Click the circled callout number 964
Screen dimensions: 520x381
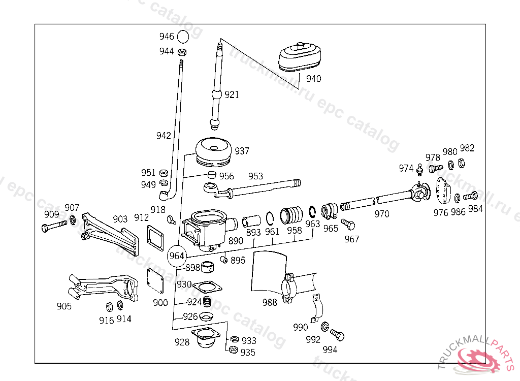click(177, 256)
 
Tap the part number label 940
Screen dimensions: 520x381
click(313, 79)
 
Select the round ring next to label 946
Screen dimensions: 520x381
click(183, 37)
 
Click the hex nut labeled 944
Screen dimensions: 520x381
click(182, 52)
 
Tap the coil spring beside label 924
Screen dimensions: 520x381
click(207, 302)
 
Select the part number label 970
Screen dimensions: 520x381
click(382, 214)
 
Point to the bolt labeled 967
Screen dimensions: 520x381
click(348, 224)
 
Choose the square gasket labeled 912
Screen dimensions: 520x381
click(155, 238)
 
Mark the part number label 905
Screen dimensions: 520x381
click(64, 306)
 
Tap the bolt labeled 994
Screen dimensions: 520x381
click(337, 335)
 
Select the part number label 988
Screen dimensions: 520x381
click(270, 302)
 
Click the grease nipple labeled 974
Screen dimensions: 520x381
click(420, 170)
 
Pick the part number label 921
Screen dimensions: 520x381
click(232, 95)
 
